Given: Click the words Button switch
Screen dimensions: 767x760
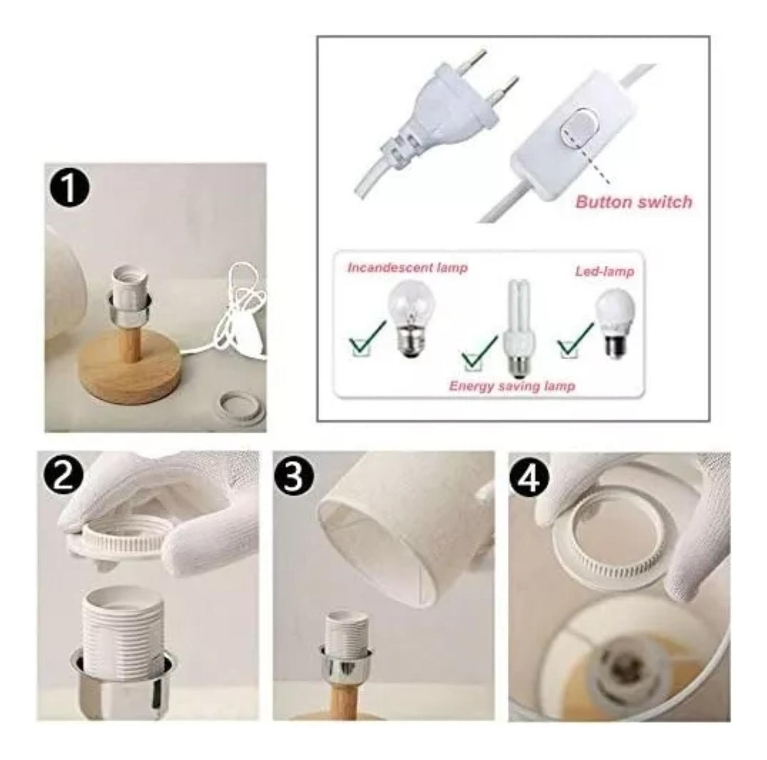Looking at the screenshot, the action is (x=634, y=201).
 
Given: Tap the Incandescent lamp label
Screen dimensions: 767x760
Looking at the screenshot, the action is (x=408, y=267).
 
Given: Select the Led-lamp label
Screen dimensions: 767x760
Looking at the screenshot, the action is (x=604, y=271).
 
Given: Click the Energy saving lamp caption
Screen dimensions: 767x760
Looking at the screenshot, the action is (x=512, y=385).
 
